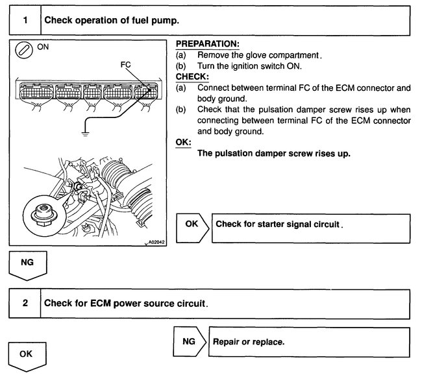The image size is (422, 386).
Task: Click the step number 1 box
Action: click(25, 20)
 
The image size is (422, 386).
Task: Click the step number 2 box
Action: click(25, 303)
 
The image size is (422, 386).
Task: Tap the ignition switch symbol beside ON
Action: click(24, 50)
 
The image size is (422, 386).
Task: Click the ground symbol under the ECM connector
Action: click(83, 134)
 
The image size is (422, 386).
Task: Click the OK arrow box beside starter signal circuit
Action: click(192, 224)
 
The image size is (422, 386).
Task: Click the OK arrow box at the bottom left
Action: click(25, 356)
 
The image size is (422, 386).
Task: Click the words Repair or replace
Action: click(249, 341)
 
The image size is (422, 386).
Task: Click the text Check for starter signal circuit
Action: click(278, 224)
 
